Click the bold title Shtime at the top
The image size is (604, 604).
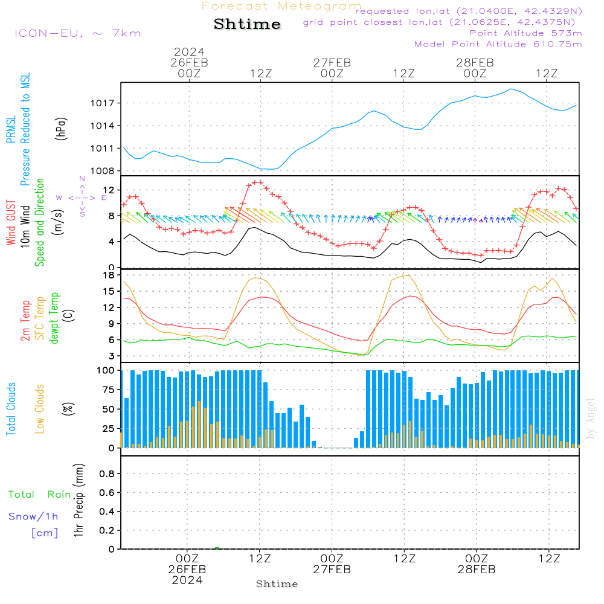point(247,24)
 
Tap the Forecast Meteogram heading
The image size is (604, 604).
point(281,6)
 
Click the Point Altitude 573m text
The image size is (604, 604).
point(525,33)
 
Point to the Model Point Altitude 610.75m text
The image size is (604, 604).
point(498,44)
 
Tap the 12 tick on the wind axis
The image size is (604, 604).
point(110,190)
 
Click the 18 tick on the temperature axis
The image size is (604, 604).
point(110,275)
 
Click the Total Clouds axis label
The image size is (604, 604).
point(11,409)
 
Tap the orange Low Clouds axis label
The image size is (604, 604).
point(40,408)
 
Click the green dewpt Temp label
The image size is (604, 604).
point(55,318)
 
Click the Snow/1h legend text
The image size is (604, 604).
point(34,516)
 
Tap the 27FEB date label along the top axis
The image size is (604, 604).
point(332,62)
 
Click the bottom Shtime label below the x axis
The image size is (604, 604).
point(277,584)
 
